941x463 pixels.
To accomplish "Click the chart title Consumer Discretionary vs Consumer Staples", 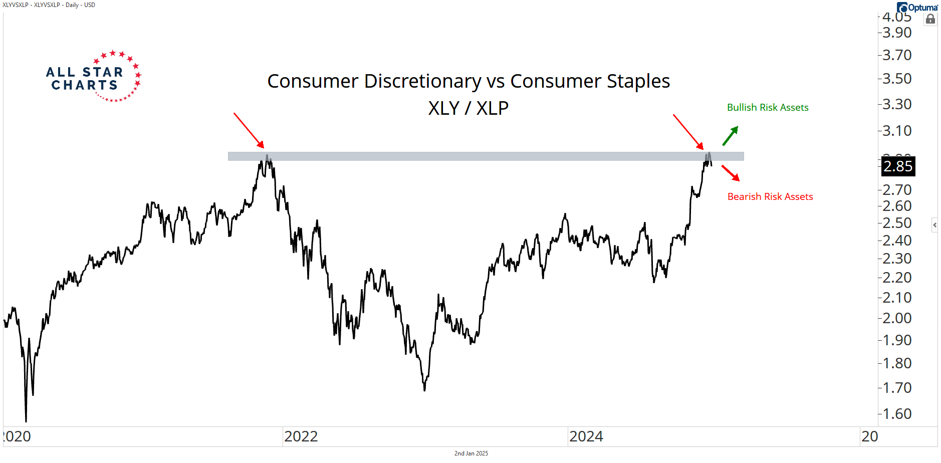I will tap(468, 81).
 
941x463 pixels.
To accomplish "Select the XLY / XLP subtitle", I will tap(468, 108).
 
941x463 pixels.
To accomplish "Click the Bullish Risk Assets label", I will tap(768, 108).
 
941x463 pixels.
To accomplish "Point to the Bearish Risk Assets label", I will tap(770, 197).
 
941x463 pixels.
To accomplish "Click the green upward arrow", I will tap(730, 136).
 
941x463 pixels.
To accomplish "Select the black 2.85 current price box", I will tap(898, 166).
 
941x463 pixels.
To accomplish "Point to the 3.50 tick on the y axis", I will tap(897, 79).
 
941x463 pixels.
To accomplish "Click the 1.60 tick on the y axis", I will tap(897, 414).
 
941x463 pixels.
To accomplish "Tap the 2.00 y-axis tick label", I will tap(897, 318).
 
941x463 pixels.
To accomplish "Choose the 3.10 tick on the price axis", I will tap(897, 131).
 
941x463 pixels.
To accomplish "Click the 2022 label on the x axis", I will tap(301, 436).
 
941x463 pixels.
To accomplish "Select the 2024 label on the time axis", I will tap(586, 436).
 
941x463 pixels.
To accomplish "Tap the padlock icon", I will tap(930, 20).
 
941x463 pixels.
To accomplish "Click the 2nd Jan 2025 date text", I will tap(471, 453).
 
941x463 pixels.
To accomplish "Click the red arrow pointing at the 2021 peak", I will tap(249, 130).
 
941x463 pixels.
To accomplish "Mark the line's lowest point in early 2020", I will tap(26, 421).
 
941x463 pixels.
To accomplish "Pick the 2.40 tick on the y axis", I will tap(897, 241).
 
